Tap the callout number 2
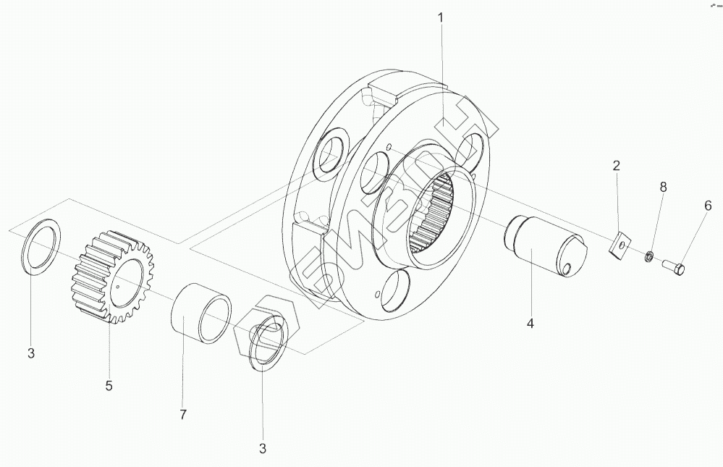coord(616,166)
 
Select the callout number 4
coord(530,324)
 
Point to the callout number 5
coord(109,386)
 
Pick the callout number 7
coord(183,415)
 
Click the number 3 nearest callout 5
coord(31,354)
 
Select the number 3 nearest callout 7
coord(263,449)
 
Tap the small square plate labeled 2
coord(620,245)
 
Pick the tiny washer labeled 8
coord(649,256)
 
